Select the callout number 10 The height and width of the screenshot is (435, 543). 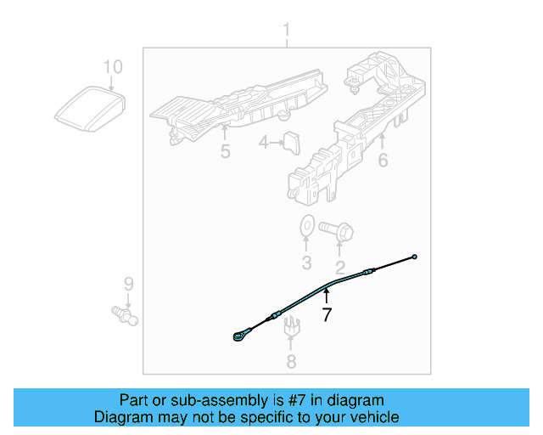tap(113, 66)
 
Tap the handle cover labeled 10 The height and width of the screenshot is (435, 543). tap(89, 109)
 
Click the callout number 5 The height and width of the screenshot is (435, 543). tap(225, 152)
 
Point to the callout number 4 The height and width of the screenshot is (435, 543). tap(265, 144)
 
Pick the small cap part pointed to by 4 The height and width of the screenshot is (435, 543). tap(293, 144)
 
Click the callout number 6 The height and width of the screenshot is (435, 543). tap(383, 158)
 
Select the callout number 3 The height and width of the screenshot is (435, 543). tap(307, 262)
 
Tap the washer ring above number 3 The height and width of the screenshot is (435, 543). tap(306, 227)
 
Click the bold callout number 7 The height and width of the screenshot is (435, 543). tap(326, 315)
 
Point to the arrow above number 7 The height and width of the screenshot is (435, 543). tap(326, 296)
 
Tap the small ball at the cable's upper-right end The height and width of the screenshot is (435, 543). tap(415, 257)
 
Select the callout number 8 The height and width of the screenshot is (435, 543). tap(291, 363)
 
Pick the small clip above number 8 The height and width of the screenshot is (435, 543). tap(291, 324)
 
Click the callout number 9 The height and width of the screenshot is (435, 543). tap(128, 283)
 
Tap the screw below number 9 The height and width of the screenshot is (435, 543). tap(127, 315)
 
